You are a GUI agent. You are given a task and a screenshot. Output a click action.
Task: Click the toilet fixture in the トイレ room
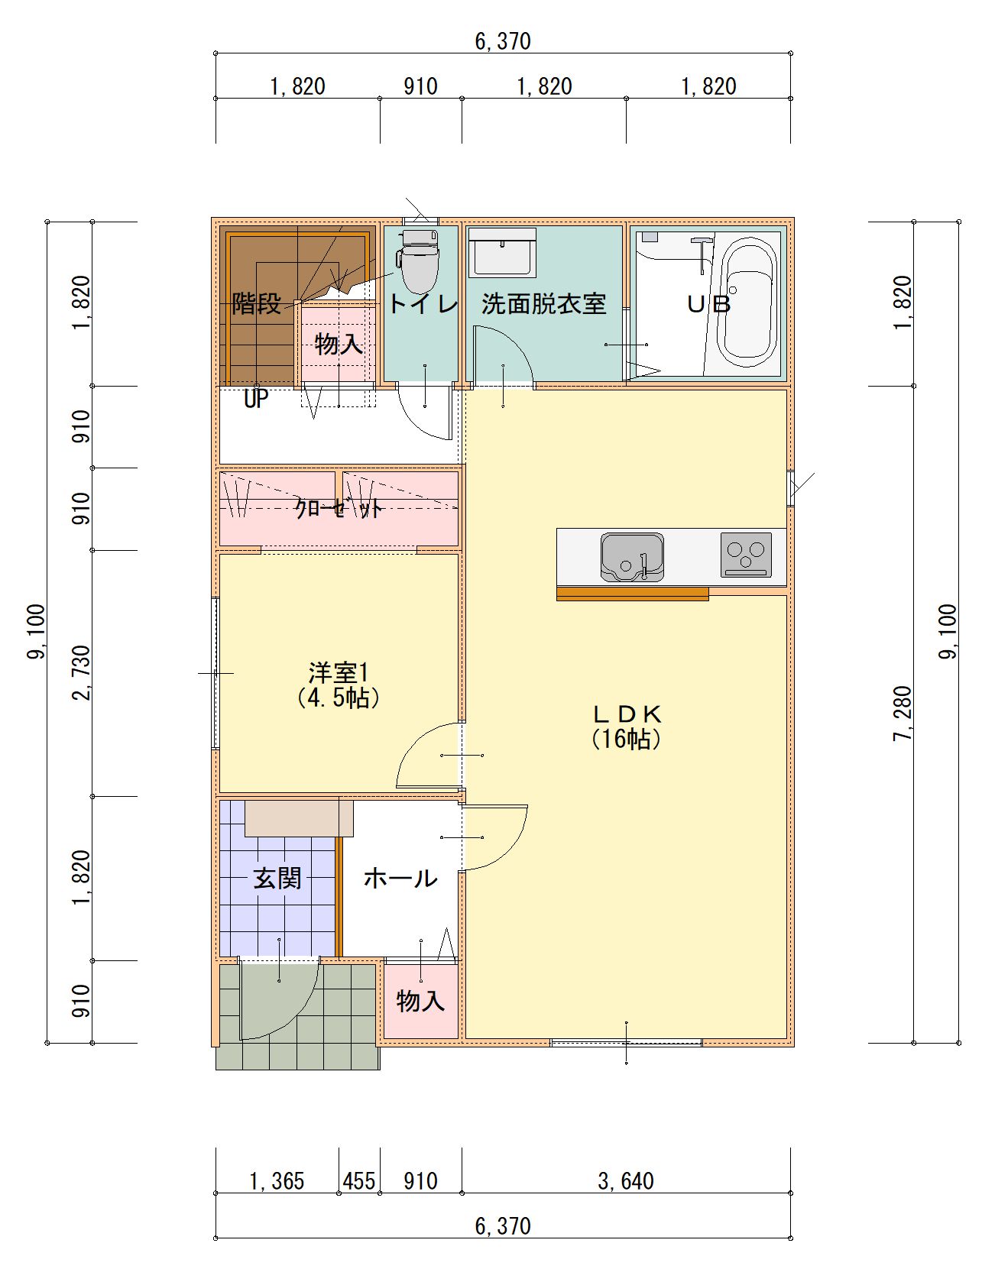[417, 261]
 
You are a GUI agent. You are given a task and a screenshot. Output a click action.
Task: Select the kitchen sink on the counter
[632, 557]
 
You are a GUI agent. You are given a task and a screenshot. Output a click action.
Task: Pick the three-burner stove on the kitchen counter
[745, 555]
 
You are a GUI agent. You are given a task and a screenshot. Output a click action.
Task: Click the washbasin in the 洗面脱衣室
[502, 251]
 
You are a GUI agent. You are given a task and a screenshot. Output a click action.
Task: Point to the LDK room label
[627, 714]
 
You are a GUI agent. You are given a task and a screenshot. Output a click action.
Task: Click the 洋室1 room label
[339, 673]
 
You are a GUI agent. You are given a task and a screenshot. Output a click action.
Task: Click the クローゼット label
[339, 509]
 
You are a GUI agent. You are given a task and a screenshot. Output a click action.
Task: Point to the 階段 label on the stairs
[257, 303]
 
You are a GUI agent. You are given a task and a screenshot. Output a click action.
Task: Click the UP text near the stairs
[256, 400]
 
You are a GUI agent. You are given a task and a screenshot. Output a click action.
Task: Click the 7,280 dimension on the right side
[903, 714]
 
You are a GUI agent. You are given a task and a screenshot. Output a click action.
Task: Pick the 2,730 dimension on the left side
[82, 673]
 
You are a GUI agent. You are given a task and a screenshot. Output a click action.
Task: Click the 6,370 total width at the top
[502, 41]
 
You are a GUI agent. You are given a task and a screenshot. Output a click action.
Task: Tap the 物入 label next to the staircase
[339, 345]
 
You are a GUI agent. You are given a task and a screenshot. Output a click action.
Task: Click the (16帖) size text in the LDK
[627, 740]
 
